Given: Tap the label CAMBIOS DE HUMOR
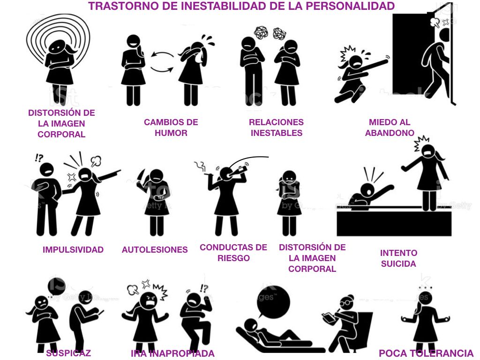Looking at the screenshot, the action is point(171,127).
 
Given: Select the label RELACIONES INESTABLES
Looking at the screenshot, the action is point(276,127).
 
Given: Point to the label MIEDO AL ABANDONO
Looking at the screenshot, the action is point(390,127).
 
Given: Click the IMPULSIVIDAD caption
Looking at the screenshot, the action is point(73,250).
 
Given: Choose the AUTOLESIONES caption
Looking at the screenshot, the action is point(155,250).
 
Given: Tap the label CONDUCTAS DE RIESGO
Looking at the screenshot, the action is point(233,253).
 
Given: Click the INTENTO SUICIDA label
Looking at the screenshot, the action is point(398,258).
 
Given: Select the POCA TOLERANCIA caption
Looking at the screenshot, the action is point(426,353).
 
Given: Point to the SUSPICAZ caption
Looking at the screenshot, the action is point(68,353).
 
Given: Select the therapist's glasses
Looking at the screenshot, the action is point(345,302).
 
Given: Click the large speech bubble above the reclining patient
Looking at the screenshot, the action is point(273,301).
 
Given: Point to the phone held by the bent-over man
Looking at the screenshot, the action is point(101,313).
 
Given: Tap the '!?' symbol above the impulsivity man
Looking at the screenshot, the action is point(39,157).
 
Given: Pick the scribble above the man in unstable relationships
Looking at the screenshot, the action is point(261,32).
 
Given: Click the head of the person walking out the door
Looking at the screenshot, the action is point(445,35).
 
